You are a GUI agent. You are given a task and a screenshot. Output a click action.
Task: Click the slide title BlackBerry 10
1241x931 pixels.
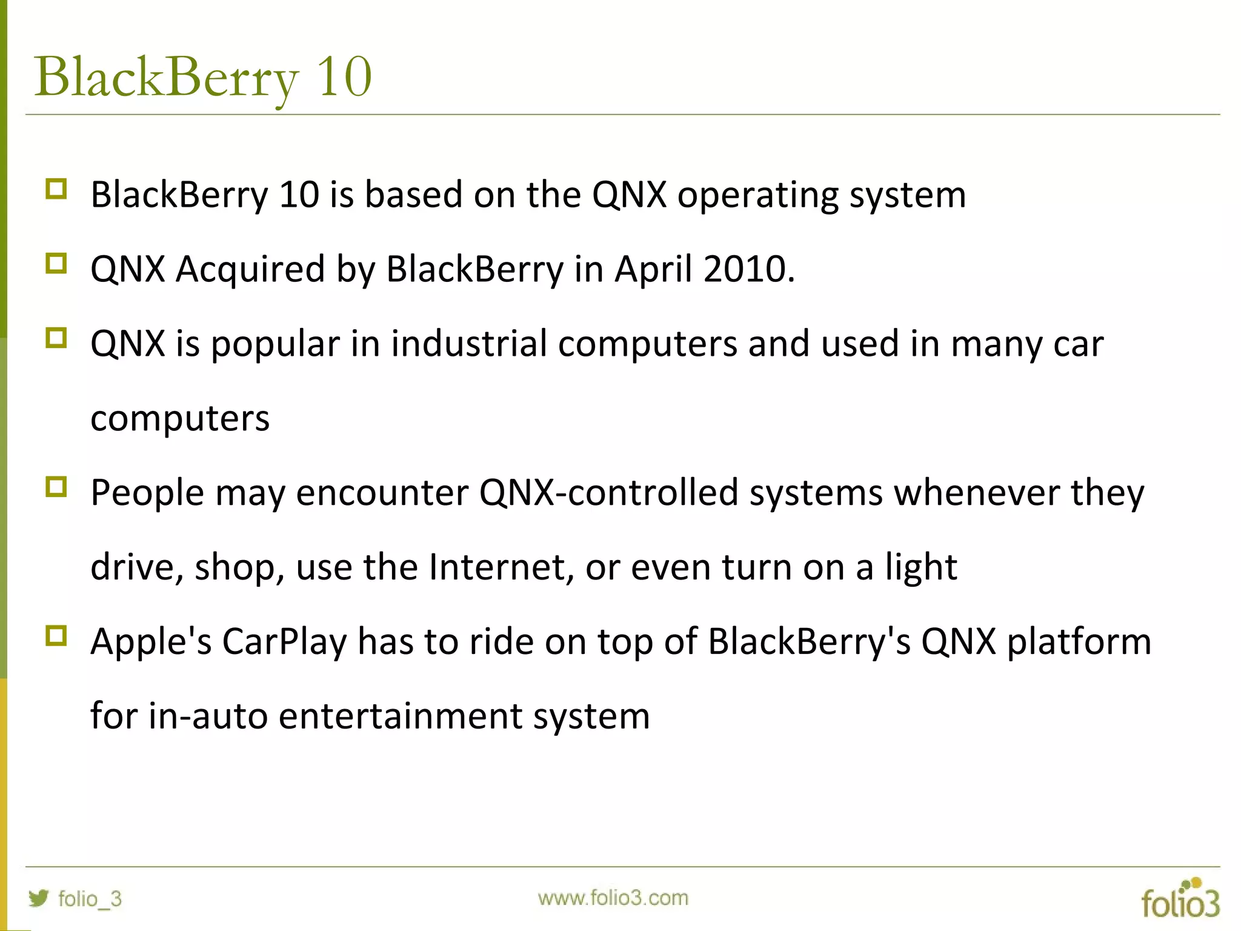(x=203, y=78)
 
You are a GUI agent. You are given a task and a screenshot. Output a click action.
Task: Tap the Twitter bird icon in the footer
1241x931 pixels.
(x=38, y=898)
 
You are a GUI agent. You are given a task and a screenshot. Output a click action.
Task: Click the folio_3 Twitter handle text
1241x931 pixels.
(x=90, y=898)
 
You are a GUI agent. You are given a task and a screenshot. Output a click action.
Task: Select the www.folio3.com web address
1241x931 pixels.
(x=613, y=898)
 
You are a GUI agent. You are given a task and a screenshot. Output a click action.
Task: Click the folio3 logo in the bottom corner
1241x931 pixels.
(x=1180, y=899)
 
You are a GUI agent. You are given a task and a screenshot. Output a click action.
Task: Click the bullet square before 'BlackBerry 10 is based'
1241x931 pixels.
(x=56, y=189)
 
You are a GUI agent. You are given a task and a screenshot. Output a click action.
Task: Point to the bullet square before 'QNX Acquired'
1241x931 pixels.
(x=56, y=264)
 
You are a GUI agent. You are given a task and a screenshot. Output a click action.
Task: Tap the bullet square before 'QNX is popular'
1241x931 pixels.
(x=56, y=338)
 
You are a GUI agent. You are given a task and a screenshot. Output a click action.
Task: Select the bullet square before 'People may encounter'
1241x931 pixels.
(x=56, y=487)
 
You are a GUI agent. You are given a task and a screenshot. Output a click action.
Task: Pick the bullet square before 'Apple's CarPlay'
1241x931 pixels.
(x=56, y=636)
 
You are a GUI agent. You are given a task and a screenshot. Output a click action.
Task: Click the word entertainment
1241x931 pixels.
(x=400, y=716)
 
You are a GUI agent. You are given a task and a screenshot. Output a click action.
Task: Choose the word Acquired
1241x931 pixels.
(x=250, y=270)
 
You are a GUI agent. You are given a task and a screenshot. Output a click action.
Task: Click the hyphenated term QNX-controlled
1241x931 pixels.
(x=608, y=492)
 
